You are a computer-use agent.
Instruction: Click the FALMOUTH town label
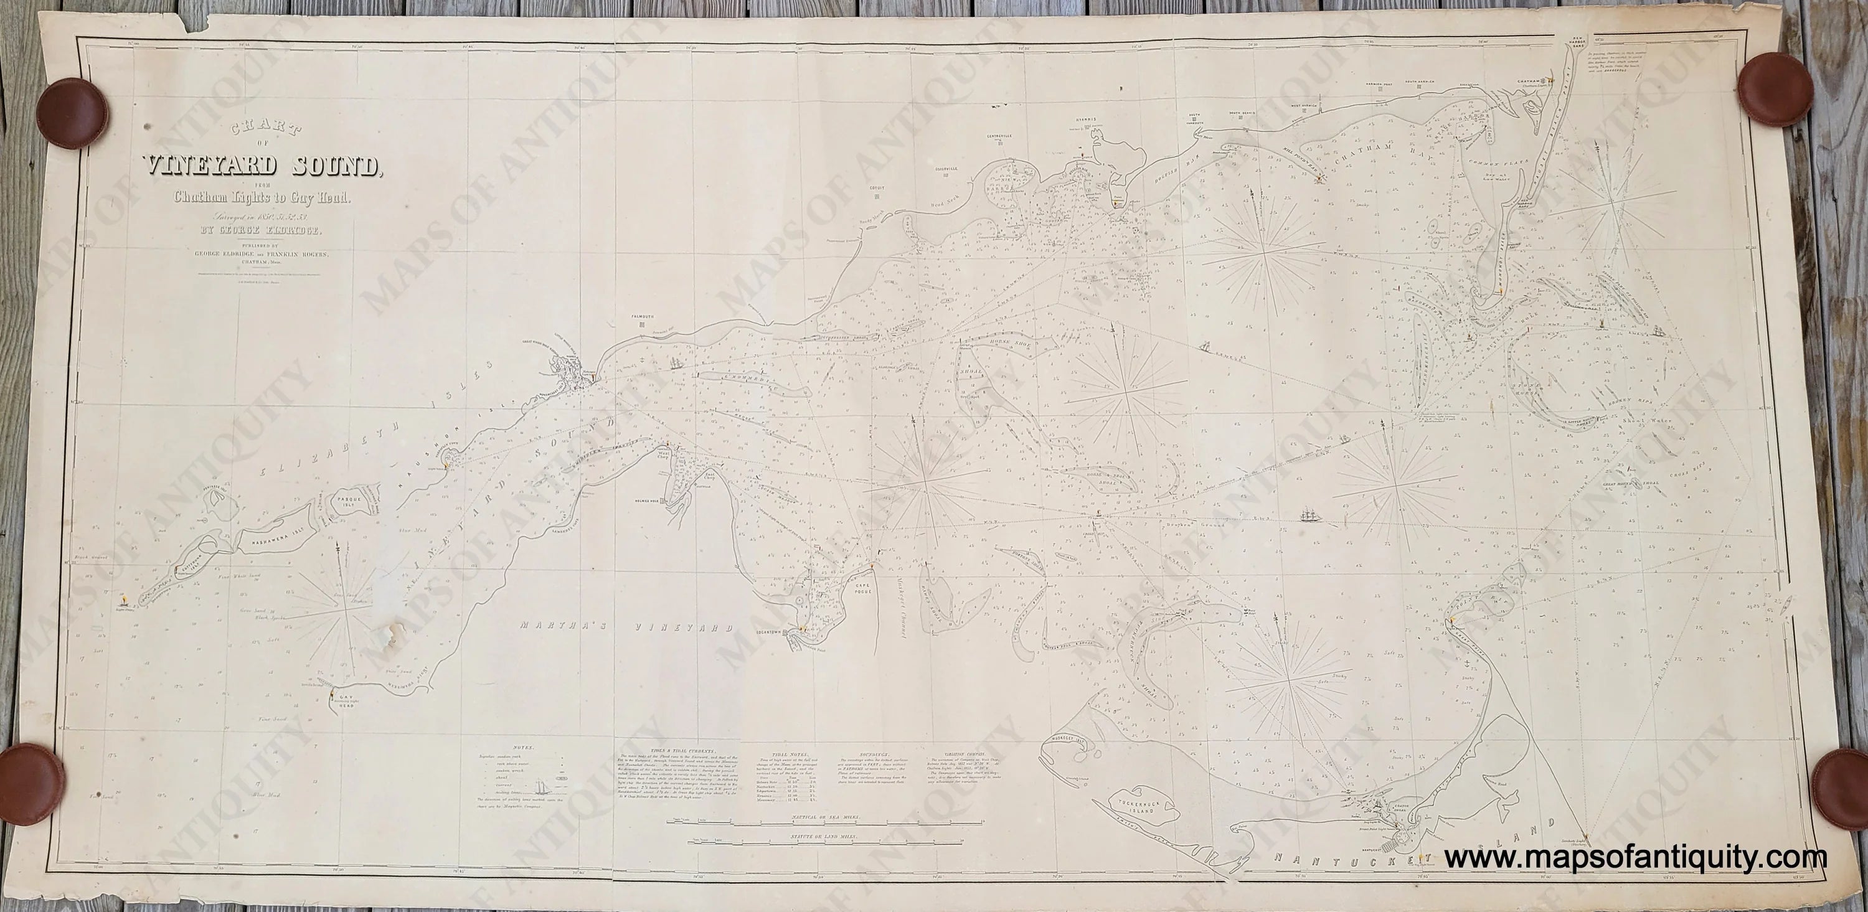(x=642, y=317)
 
